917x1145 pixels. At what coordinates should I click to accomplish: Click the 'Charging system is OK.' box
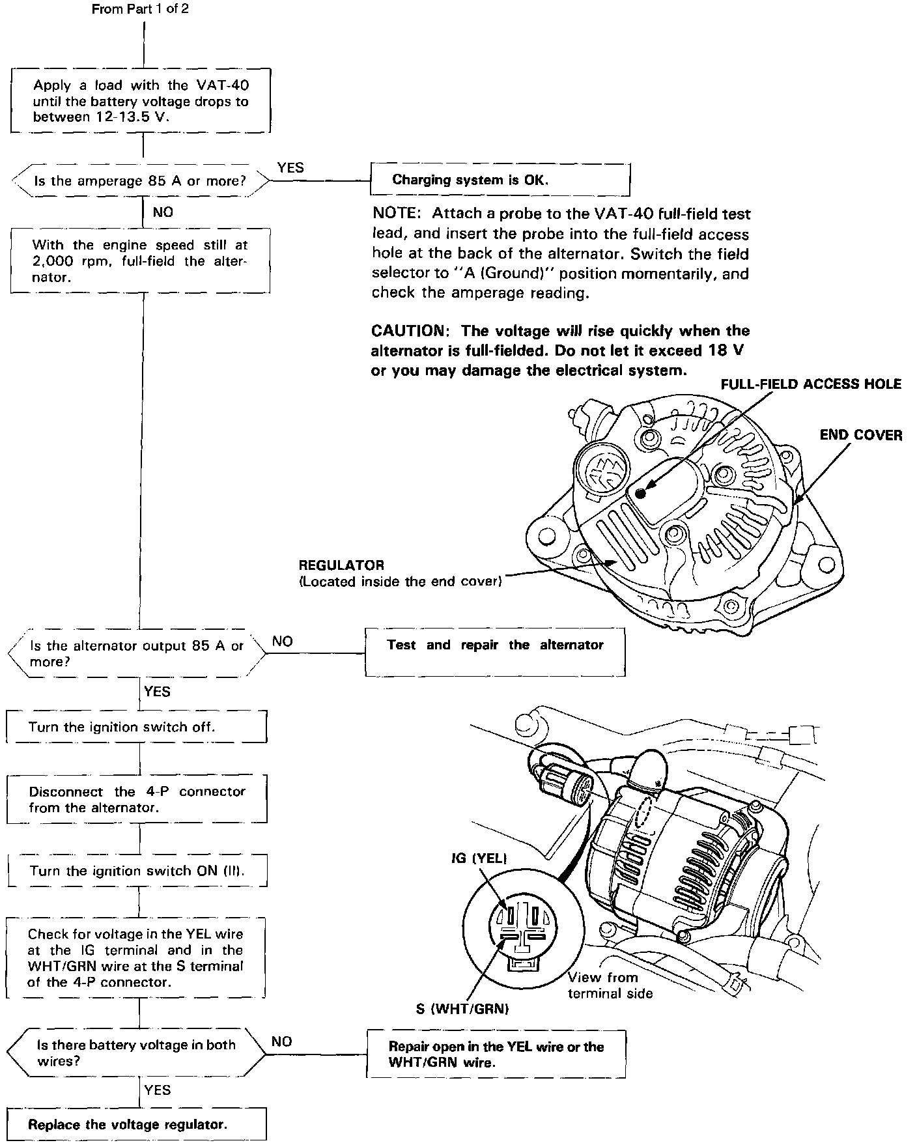click(500, 180)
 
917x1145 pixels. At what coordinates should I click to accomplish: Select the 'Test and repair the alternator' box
click(495, 651)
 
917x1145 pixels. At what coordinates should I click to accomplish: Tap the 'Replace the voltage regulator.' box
click(137, 1124)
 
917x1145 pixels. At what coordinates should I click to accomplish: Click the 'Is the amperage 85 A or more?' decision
click(140, 181)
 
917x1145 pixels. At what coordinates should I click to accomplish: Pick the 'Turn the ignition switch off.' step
click(137, 727)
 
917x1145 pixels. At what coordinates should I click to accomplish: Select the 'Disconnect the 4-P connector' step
click(137, 799)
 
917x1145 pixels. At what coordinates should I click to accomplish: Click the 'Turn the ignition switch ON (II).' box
click(137, 871)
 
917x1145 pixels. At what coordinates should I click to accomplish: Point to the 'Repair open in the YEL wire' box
click(496, 1054)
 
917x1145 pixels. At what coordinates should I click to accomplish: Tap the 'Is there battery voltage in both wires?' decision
click(136, 1053)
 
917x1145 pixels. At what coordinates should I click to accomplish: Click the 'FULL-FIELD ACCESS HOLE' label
click(810, 384)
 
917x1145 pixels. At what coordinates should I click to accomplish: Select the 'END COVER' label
click(860, 435)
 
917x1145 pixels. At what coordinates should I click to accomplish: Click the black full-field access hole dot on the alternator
click(641, 493)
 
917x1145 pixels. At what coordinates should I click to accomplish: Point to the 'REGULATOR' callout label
click(341, 565)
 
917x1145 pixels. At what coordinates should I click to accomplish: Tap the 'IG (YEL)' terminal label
click(479, 858)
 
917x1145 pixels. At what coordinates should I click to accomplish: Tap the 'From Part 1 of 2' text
click(140, 10)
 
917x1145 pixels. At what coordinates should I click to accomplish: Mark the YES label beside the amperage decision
click(290, 167)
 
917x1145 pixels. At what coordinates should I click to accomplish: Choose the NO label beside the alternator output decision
click(282, 642)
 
